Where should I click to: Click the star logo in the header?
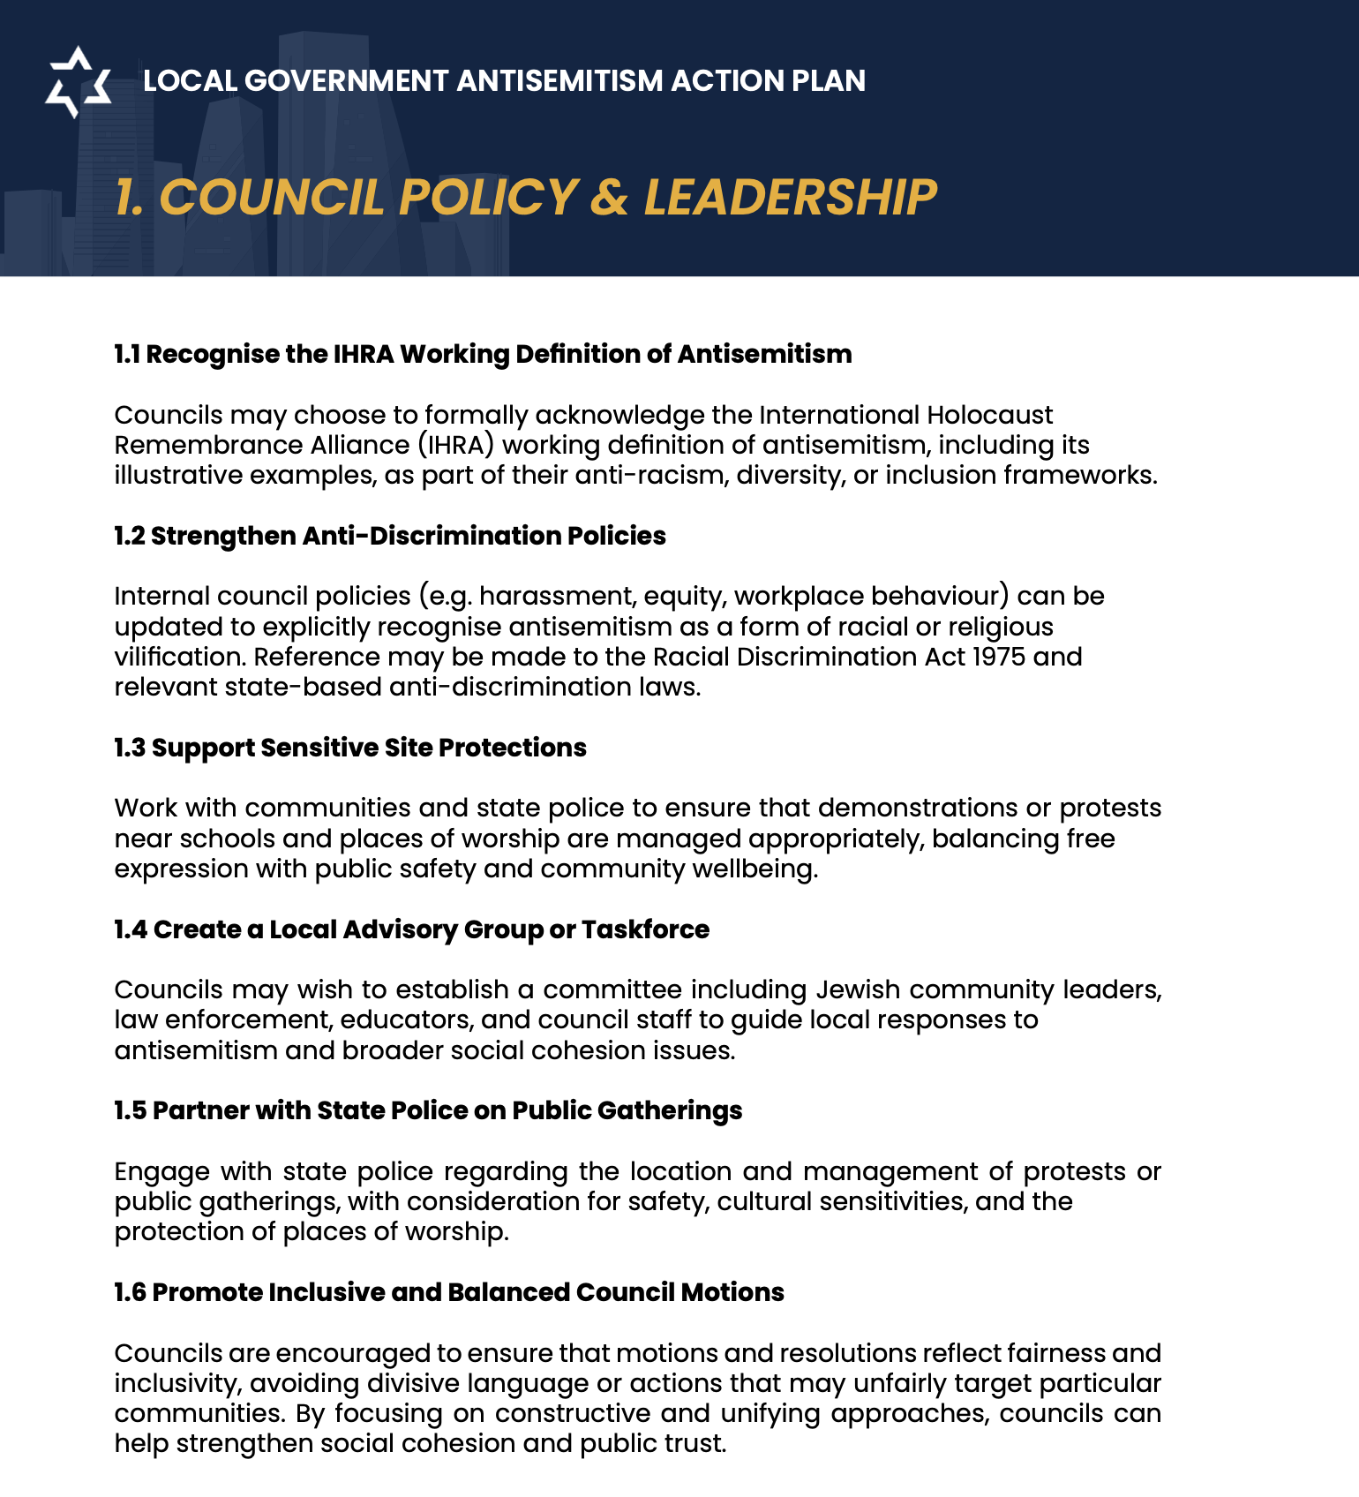[79, 81]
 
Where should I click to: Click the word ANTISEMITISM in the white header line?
[559, 81]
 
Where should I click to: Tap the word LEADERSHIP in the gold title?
[790, 197]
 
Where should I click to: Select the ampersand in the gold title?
[609, 197]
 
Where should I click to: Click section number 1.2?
[129, 536]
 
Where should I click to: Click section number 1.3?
[130, 748]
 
